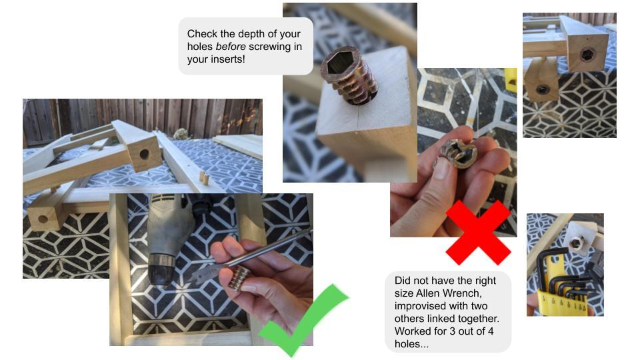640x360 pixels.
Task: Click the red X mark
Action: click(478, 232)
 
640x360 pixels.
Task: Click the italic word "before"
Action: click(231, 47)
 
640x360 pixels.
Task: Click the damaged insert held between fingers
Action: click(459, 153)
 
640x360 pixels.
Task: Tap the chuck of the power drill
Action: click(162, 269)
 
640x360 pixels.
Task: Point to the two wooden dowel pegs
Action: click(203, 178)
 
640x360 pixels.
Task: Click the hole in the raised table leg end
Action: click(144, 154)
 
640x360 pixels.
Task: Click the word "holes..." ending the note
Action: click(411, 344)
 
